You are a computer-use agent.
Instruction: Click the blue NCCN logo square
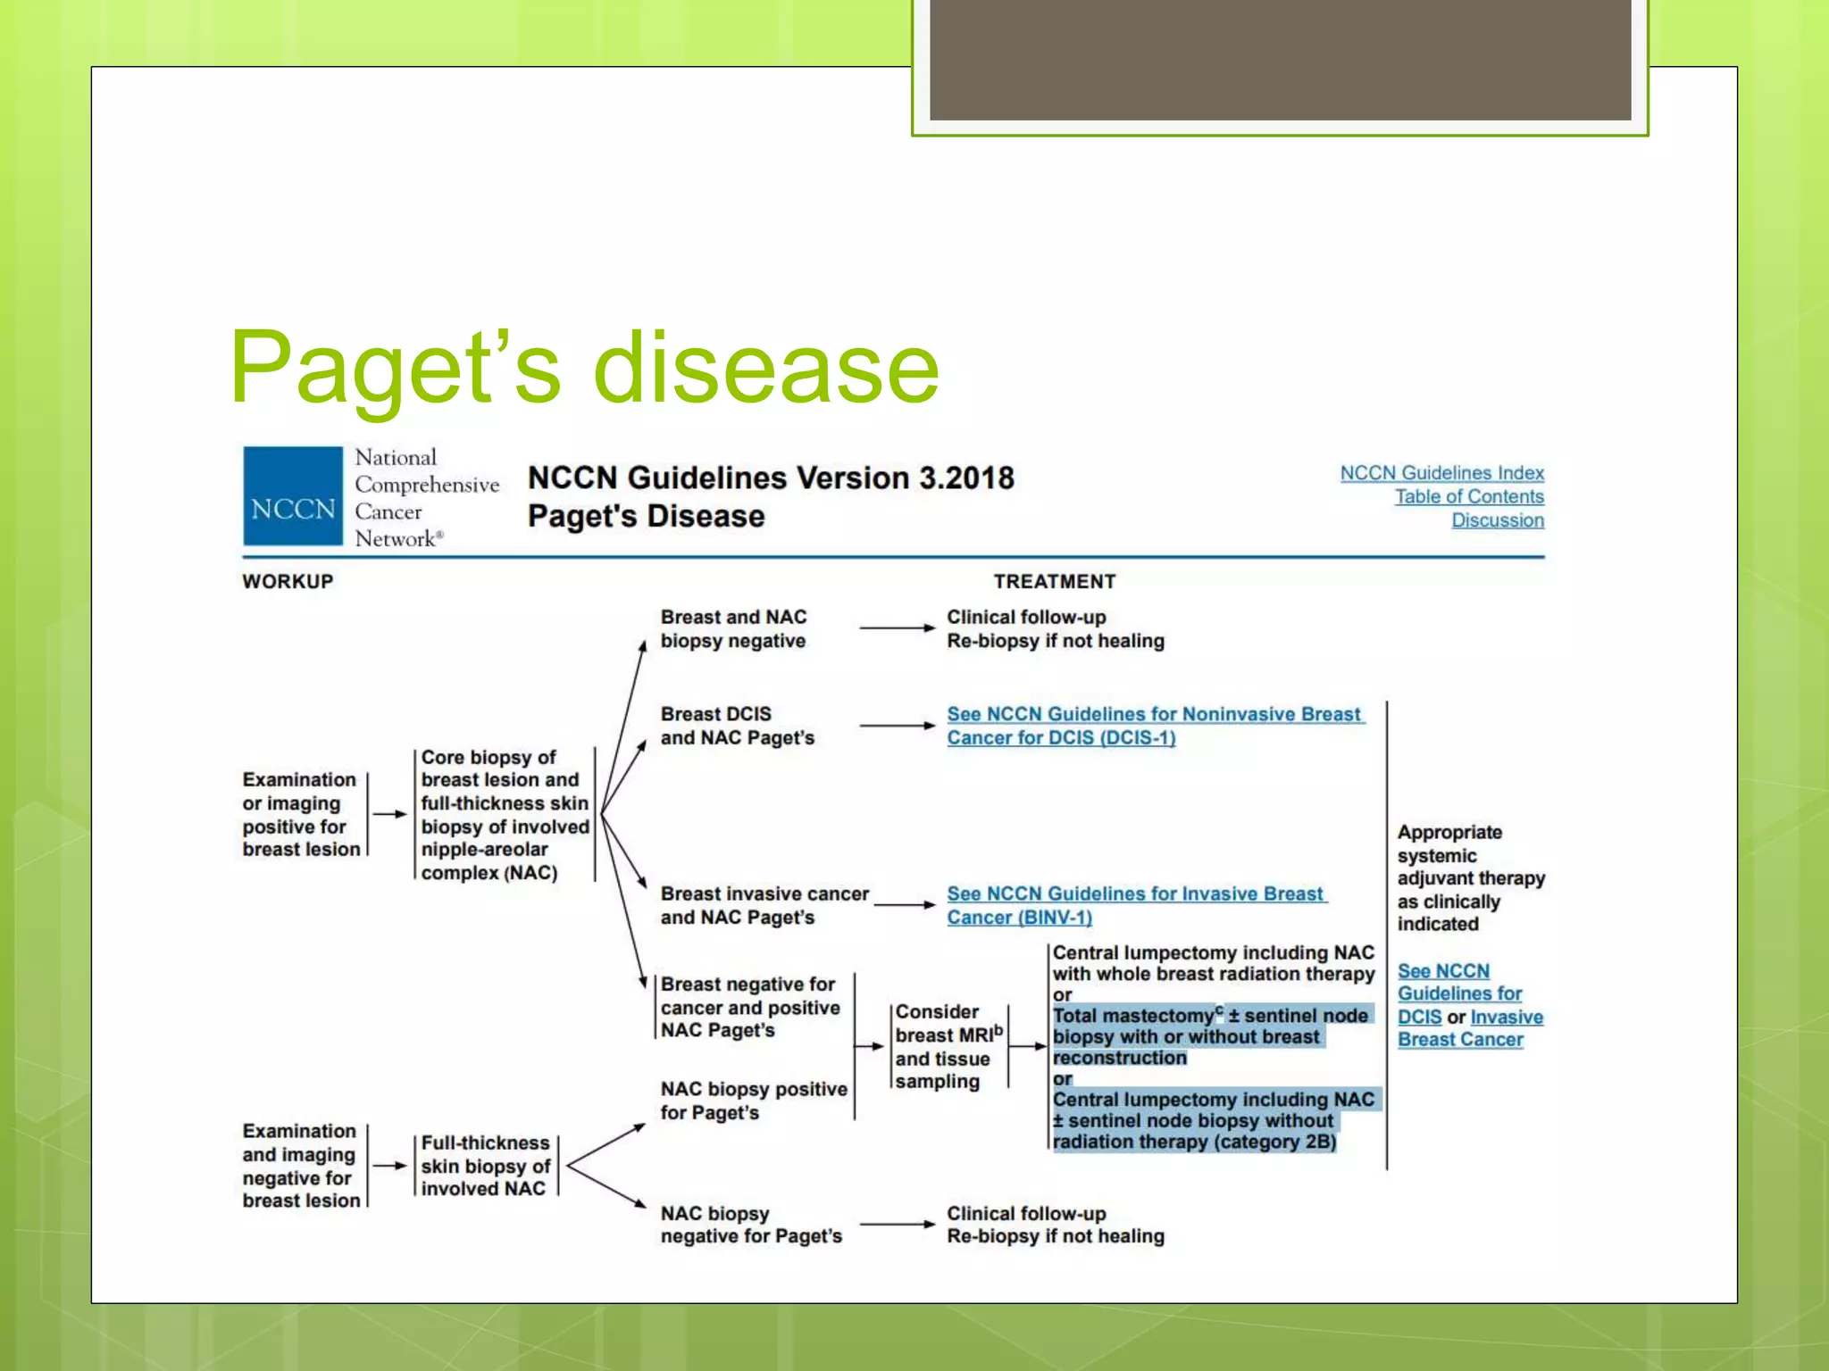293,496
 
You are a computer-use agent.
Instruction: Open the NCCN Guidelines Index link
1441,473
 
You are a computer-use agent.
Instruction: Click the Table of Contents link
1469,496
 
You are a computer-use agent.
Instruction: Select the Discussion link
1497,520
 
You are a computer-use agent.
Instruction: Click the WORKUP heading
288,581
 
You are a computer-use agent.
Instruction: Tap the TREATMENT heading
1055,581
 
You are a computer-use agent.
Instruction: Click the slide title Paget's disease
585,368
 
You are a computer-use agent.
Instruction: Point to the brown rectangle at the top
1280,59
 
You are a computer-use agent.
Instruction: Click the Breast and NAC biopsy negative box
733,628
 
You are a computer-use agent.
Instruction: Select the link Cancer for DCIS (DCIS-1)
1061,738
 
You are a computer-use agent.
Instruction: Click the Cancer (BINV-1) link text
1019,918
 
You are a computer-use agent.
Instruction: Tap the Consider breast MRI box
948,1046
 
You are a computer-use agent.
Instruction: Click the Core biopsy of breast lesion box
504,814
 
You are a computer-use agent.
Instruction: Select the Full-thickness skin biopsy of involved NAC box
485,1166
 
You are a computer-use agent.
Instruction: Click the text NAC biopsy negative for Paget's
750,1225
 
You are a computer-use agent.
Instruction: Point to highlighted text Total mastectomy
1132,1016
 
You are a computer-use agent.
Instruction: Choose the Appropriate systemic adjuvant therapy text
1469,877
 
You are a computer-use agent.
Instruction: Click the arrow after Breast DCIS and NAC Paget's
897,726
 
